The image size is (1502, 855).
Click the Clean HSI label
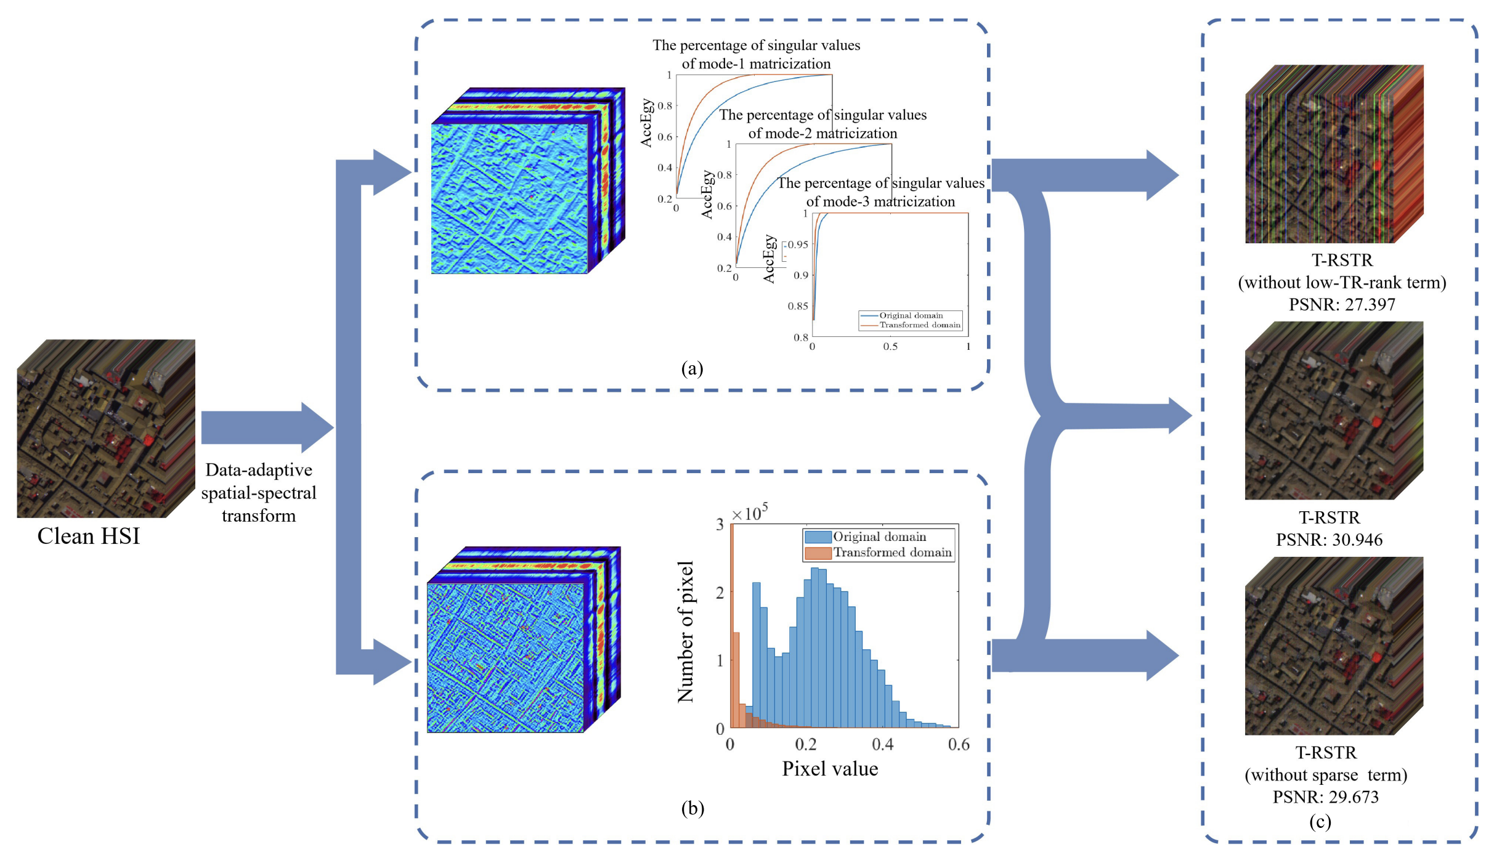click(89, 536)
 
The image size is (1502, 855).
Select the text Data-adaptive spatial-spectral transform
click(259, 493)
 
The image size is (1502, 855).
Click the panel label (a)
click(692, 368)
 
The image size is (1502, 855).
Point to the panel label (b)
click(692, 808)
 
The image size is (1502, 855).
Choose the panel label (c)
click(1320, 821)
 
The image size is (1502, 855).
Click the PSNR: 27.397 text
click(1342, 304)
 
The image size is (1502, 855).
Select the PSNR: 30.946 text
click(1329, 540)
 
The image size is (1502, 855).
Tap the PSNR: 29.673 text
click(1325, 797)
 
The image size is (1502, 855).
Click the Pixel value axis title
click(830, 769)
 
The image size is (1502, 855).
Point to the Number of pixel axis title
click(686, 631)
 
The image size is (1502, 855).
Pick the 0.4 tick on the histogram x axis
click(882, 745)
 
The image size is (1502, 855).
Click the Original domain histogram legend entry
click(879, 537)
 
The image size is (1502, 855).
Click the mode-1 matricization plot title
click(757, 54)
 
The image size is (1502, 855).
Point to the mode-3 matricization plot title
click(880, 192)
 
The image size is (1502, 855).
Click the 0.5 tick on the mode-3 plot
click(890, 347)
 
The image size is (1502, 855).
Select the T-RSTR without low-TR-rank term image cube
click(1334, 154)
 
